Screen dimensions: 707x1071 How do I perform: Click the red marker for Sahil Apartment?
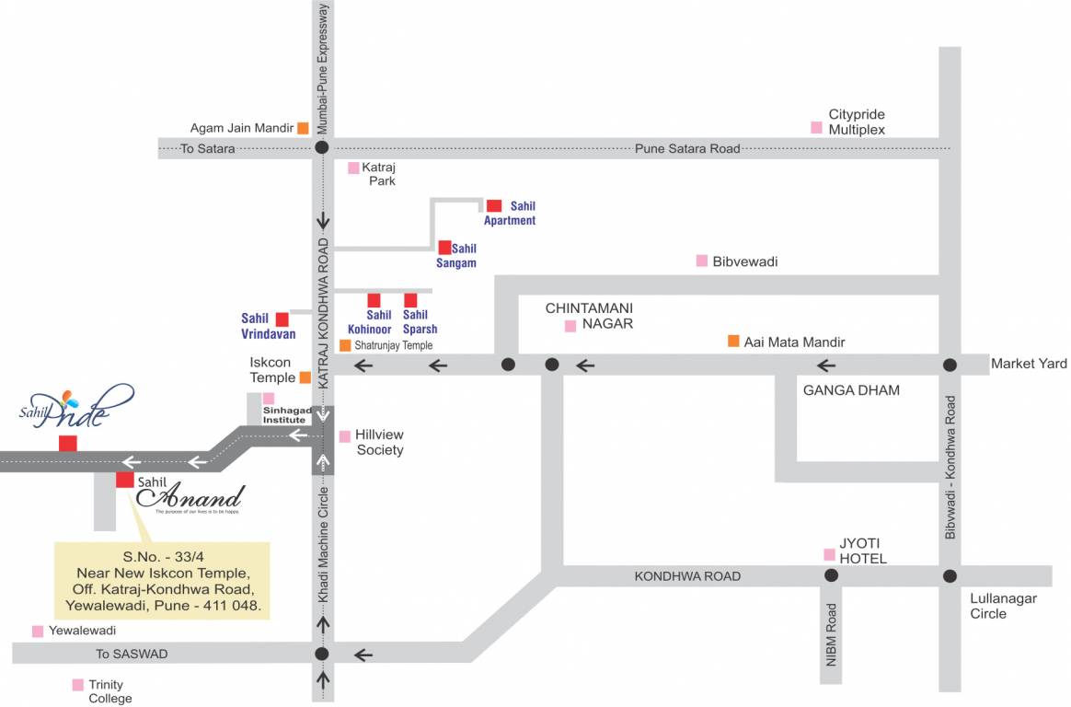494,206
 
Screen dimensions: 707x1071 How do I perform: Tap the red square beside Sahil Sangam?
445,248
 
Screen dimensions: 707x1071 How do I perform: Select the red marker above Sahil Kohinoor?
374,300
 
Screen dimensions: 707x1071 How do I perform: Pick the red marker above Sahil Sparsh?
410,300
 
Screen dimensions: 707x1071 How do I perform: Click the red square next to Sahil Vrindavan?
282,319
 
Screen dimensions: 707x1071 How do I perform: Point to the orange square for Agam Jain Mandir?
303,129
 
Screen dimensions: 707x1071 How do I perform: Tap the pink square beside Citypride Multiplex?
815,128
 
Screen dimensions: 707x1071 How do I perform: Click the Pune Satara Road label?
687,148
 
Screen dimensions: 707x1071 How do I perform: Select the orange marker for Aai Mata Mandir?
733,342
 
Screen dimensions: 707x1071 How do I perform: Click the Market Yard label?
1029,364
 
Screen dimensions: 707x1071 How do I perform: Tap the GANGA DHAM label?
851,390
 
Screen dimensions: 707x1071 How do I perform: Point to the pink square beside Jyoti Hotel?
829,554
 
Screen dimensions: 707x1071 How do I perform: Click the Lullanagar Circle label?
1003,606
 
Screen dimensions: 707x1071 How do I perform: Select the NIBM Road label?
831,635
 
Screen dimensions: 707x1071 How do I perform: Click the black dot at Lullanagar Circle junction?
950,576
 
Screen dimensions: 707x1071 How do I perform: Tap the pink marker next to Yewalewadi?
38,632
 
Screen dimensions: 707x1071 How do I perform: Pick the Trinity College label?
107,691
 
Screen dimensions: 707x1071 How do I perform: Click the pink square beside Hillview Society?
344,436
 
